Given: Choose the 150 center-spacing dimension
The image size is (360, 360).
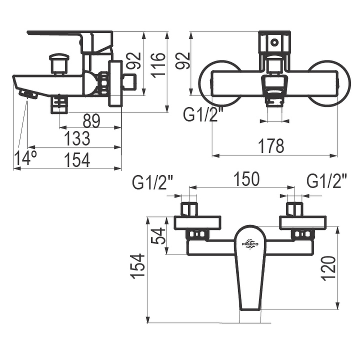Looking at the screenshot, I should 246,179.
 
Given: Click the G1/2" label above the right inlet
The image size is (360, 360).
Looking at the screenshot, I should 327,182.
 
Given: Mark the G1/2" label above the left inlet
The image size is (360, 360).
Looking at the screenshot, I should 153,182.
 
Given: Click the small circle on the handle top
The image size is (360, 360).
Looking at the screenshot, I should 274,42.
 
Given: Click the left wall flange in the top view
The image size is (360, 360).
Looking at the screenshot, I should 197,223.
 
